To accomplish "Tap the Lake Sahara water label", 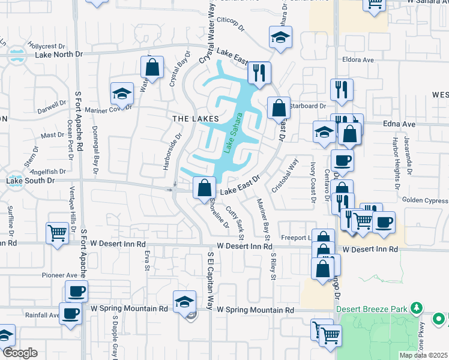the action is pyautogui.click(x=233, y=133).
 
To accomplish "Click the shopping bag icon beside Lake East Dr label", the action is pyautogui.click(x=205, y=187).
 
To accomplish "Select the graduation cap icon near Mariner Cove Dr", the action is pyautogui.click(x=122, y=94).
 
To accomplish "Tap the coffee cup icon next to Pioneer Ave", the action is pyautogui.click(x=76, y=292).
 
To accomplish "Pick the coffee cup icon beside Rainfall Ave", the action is pyautogui.click(x=70, y=313).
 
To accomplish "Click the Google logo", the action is pyautogui.click(x=20, y=353).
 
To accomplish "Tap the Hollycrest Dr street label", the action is pyautogui.click(x=49, y=46).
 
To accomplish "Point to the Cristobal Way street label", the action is pyautogui.click(x=285, y=175).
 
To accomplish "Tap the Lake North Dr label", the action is pyautogui.click(x=59, y=55).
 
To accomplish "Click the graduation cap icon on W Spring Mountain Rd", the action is pyautogui.click(x=184, y=301).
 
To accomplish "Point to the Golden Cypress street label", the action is pyautogui.click(x=424, y=200).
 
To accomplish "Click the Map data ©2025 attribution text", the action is pyautogui.click(x=423, y=355).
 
